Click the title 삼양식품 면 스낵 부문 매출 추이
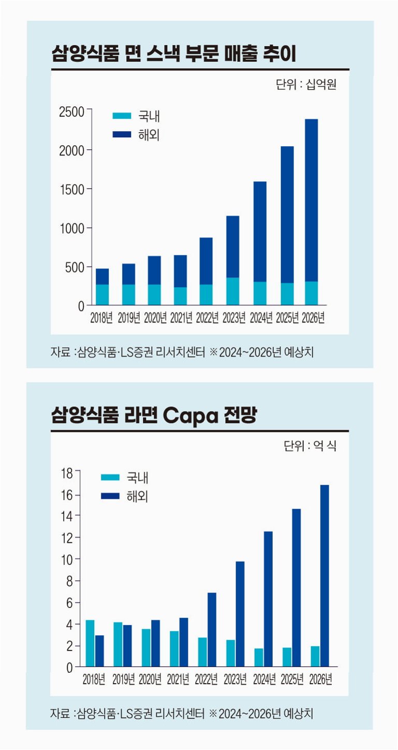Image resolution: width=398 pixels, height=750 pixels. point(173,54)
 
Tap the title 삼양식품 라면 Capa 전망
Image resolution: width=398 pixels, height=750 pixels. point(154,415)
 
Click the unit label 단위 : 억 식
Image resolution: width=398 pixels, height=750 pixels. point(310,446)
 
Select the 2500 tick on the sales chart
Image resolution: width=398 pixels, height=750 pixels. point(74,110)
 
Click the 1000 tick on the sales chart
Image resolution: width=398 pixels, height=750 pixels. point(74,228)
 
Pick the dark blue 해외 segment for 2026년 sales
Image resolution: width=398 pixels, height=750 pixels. point(312,200)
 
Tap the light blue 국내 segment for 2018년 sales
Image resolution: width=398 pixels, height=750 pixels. point(102,294)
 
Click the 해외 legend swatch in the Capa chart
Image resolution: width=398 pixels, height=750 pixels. point(110,496)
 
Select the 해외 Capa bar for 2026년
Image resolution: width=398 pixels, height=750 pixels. point(325,575)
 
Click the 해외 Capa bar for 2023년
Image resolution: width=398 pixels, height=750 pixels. point(240,614)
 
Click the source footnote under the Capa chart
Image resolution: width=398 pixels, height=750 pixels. point(182,714)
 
